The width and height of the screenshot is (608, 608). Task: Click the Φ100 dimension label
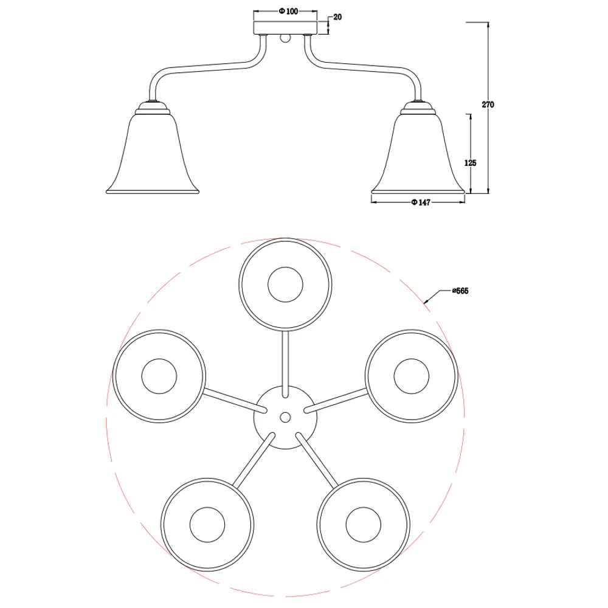coord(288,11)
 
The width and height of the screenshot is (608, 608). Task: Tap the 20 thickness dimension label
coord(337,17)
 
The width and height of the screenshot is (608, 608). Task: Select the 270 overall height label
coord(488,105)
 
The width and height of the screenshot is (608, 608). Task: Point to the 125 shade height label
coord(470,163)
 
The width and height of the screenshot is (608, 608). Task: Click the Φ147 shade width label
coord(421,202)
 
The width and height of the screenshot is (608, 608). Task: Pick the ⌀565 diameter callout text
coord(460,291)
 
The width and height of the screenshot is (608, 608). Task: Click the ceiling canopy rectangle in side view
coord(285,28)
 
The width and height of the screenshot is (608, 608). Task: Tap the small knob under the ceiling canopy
coord(285,38)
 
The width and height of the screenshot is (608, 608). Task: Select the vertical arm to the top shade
coord(285,364)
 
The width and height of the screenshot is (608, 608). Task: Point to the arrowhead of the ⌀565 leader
coord(426,301)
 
